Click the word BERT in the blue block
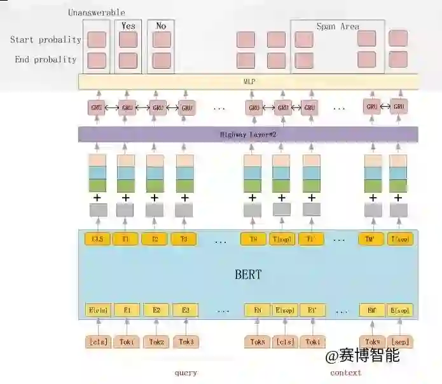248,275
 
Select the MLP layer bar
248,82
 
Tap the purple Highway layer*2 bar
248,135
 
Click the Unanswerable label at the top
96,13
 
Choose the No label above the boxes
161,26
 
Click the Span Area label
338,27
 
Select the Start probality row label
45,39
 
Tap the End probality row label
45,60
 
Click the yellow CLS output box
97,240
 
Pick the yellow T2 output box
155,240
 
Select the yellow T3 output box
184,240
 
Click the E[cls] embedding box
97,310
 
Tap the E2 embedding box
156,310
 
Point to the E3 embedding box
185,310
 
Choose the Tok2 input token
156,342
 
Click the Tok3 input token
186,342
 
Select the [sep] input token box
401,342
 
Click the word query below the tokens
185,373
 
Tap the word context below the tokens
345,373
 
